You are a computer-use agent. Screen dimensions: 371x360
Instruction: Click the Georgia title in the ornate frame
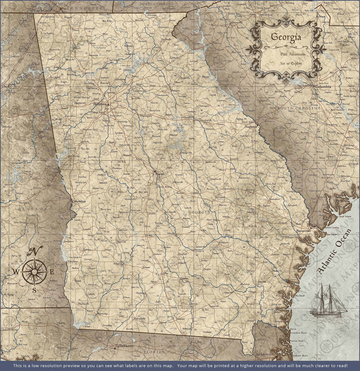(x=286, y=37)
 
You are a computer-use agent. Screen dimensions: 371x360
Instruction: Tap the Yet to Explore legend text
(x=286, y=63)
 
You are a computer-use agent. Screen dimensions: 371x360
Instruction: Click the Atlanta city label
(x=99, y=104)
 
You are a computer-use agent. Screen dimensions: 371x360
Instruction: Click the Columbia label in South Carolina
(x=322, y=86)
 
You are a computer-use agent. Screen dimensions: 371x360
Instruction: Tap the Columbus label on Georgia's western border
(x=78, y=201)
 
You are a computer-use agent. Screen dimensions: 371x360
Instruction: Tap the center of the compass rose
(x=34, y=271)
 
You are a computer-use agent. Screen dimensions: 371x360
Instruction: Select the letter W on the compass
(x=16, y=272)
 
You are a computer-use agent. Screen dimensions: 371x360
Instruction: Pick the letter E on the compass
(x=51, y=272)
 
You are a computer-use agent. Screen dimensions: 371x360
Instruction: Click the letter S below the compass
(x=34, y=290)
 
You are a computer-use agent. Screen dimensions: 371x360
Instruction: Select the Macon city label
(x=159, y=173)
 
